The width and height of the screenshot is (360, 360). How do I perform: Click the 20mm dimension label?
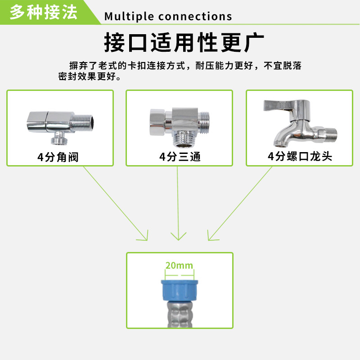click(179, 265)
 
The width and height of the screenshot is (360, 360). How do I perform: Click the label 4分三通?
click(180, 157)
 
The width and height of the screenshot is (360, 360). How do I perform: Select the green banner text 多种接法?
click(44, 12)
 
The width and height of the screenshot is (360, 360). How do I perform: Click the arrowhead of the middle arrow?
click(179, 237)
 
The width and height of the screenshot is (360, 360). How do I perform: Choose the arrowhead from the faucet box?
click(210, 237)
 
